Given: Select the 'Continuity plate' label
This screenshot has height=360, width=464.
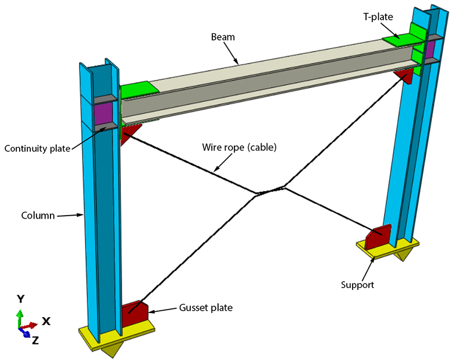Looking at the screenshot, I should pos(37,148).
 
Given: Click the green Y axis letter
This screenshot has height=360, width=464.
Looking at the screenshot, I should pos(20,299).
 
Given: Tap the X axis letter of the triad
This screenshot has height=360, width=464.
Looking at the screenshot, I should pos(46,321).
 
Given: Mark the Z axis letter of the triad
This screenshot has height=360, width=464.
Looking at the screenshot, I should pos(35,341).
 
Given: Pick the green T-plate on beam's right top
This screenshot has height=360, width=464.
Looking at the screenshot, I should pos(404,39).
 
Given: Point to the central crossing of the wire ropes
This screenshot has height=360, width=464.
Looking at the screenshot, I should pos(269,191).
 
